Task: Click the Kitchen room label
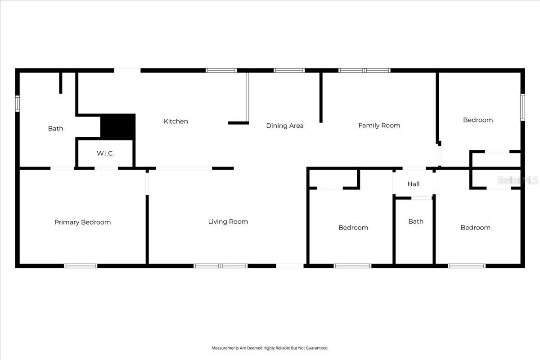175,121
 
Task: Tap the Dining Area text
284,126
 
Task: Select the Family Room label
379,126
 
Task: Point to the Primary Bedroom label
82,222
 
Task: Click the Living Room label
228,221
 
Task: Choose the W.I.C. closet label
105,153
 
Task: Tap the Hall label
413,184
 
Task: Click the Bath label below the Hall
415,221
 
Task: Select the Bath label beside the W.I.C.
55,129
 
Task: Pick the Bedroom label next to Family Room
477,120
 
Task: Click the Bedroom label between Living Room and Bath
353,228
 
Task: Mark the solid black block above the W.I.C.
117,126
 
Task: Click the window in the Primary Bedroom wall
81,266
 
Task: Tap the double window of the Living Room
220,266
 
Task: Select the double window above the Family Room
364,71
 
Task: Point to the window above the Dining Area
289,71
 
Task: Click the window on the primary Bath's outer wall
18,103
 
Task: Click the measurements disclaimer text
270,348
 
